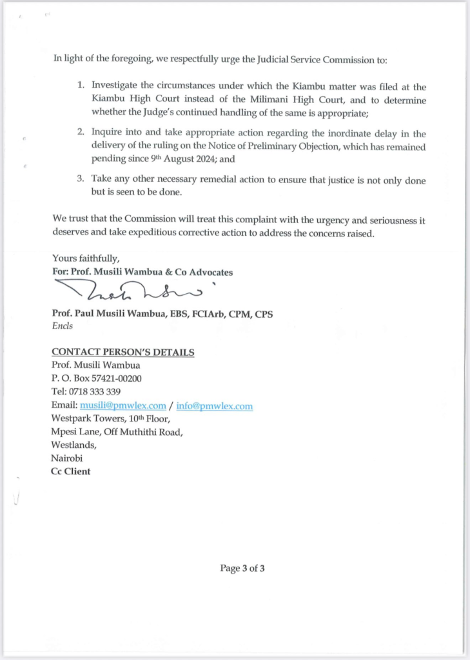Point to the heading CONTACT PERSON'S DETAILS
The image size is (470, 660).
(x=122, y=352)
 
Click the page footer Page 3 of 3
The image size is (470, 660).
(x=242, y=568)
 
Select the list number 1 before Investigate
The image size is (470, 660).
(x=81, y=85)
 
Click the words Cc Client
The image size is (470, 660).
(x=71, y=471)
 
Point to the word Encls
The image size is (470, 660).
(x=62, y=325)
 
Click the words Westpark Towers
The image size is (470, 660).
(x=84, y=418)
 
